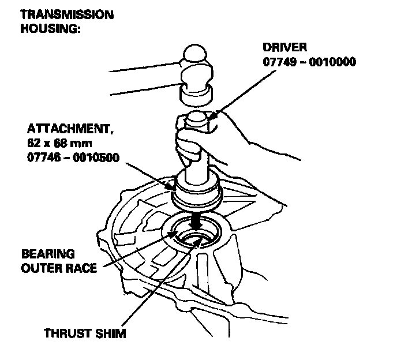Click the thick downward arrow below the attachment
197,220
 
